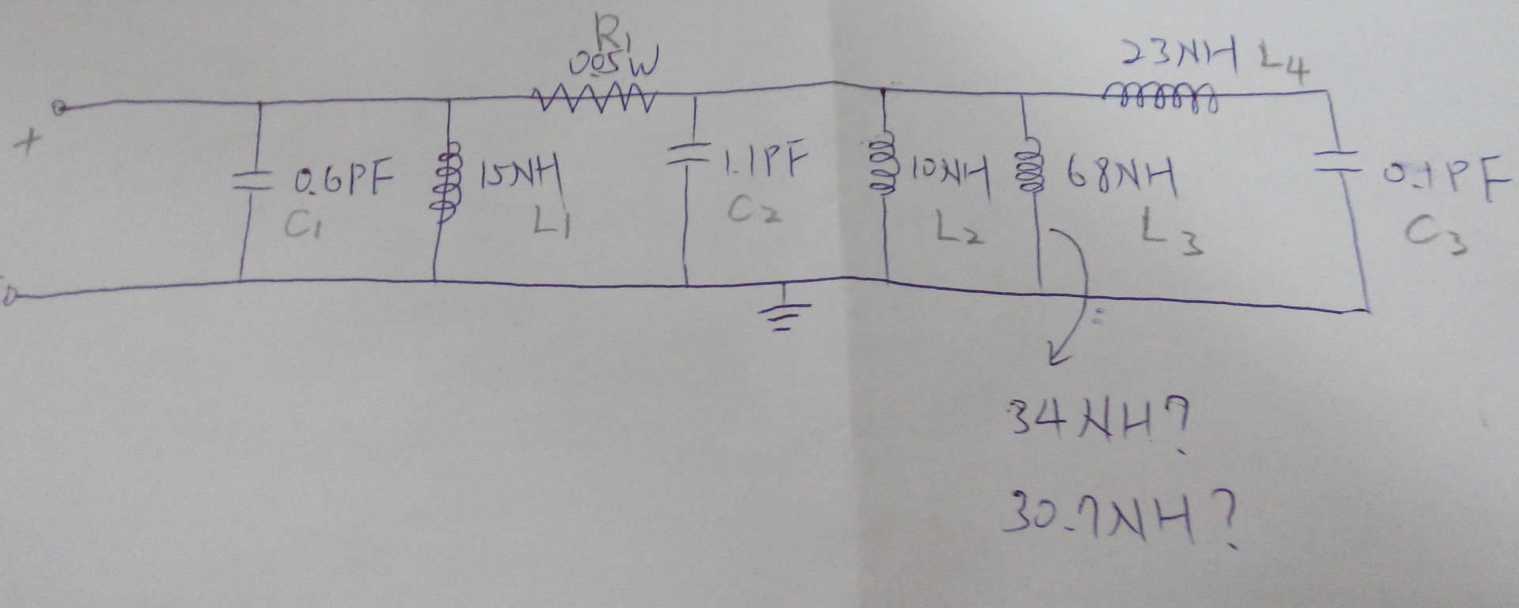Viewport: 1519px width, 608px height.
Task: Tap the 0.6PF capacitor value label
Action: click(x=343, y=180)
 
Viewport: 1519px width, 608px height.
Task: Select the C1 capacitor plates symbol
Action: click(x=252, y=181)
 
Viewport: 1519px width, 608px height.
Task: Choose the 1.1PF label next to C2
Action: click(x=765, y=161)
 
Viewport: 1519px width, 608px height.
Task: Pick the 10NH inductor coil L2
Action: click(x=882, y=165)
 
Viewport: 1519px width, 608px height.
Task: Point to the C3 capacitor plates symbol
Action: click(x=1335, y=162)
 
